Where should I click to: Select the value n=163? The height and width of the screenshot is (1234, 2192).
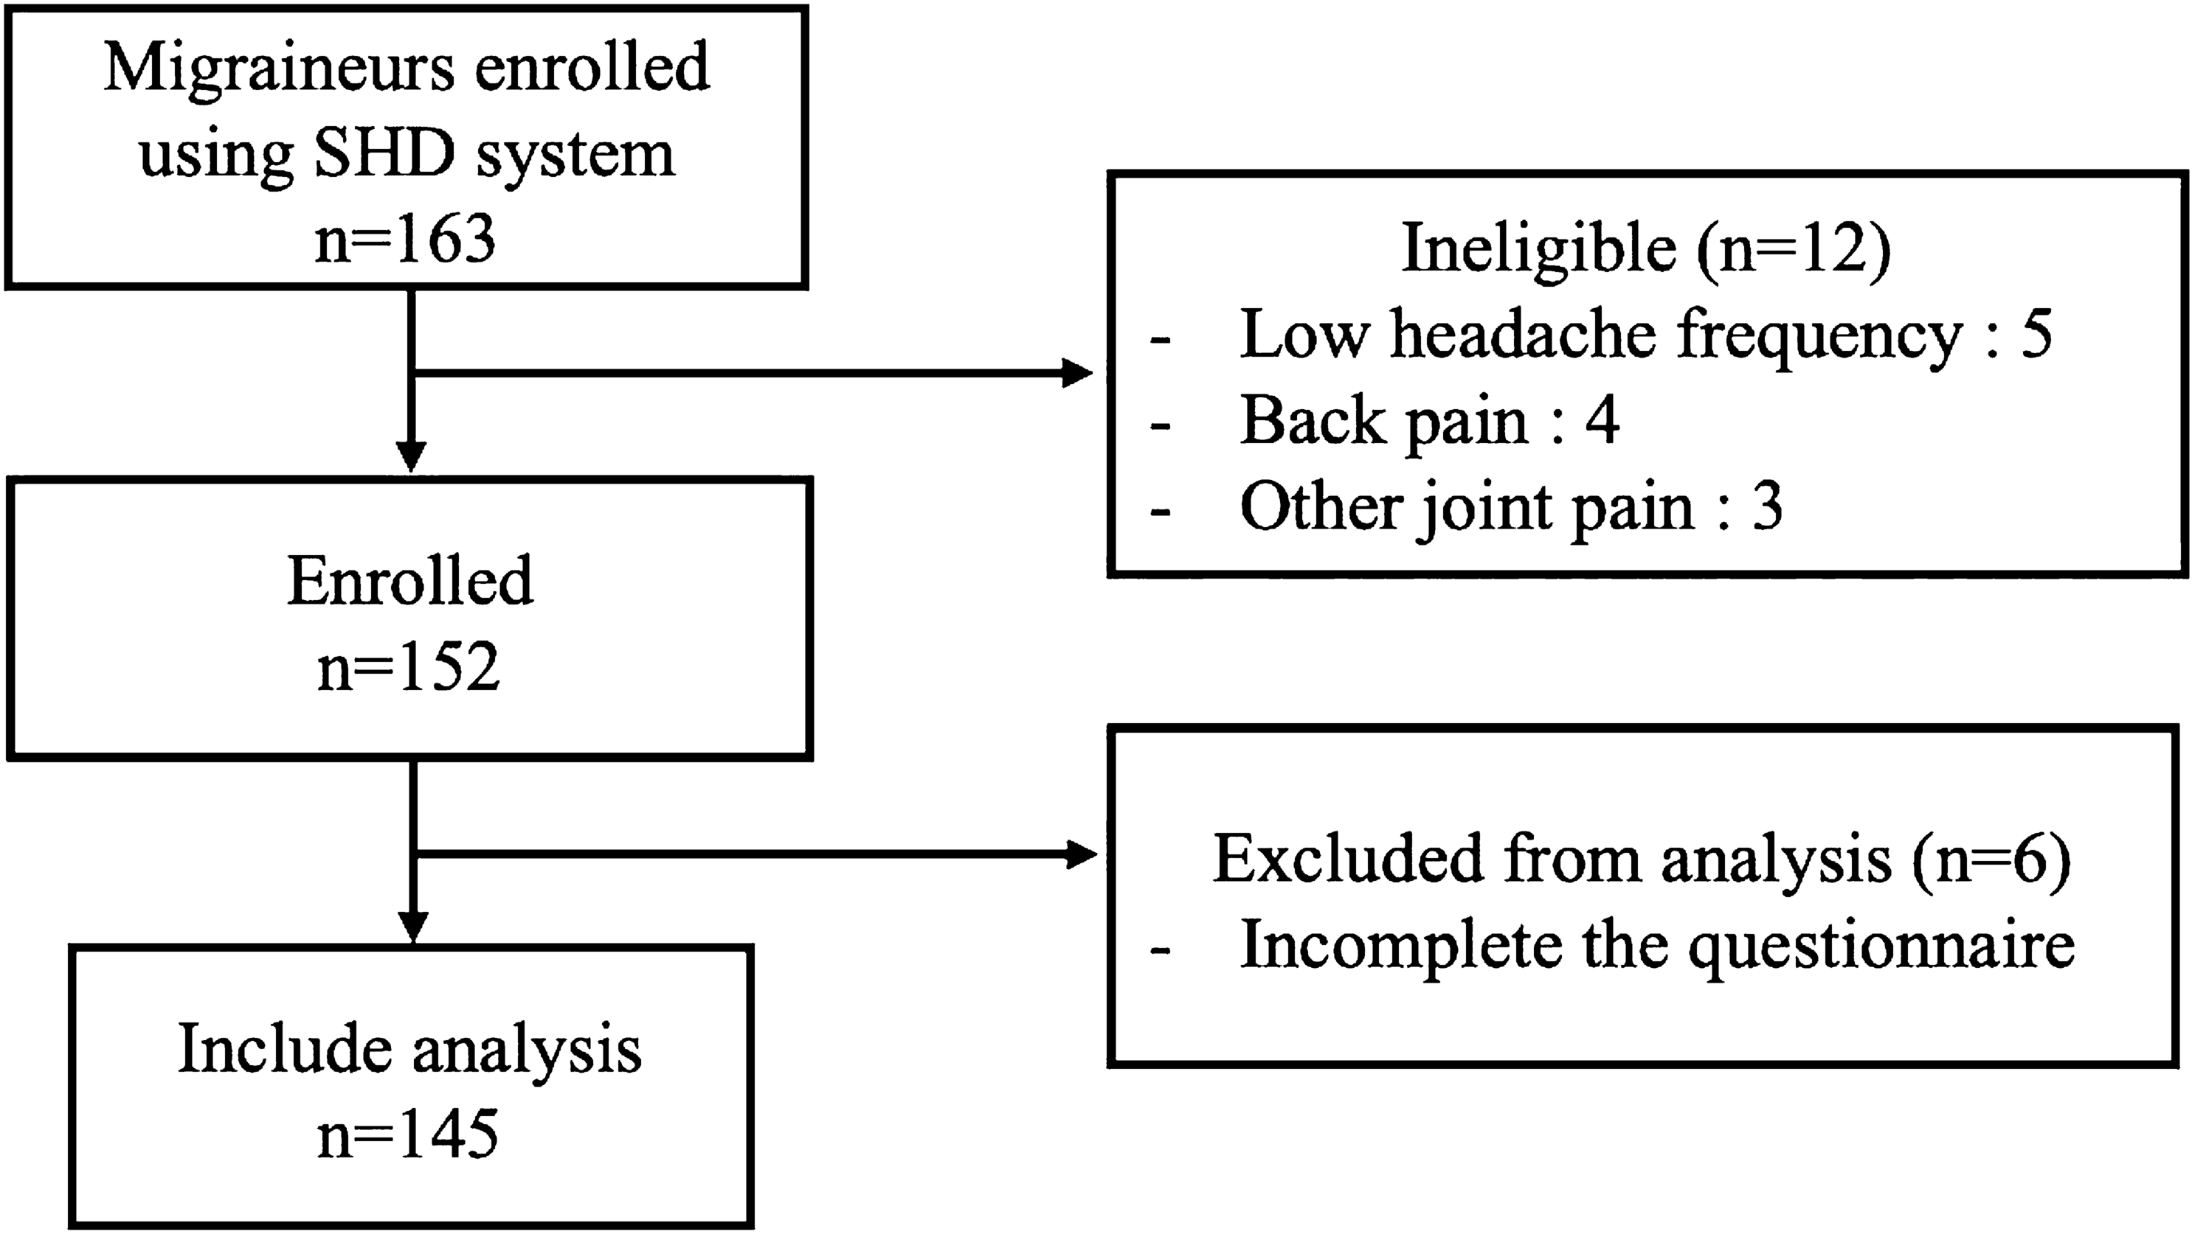click(405, 239)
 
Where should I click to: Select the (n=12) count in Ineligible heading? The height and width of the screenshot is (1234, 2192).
click(1794, 249)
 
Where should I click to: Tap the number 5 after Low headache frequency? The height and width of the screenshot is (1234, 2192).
click(2036, 334)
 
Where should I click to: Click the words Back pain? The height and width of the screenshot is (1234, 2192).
click(1383, 420)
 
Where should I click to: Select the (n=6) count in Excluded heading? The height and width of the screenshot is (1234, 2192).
click(1991, 859)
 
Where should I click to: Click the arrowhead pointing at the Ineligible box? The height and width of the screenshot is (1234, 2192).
click(1077, 372)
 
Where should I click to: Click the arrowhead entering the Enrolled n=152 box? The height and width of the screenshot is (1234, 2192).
click(411, 457)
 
